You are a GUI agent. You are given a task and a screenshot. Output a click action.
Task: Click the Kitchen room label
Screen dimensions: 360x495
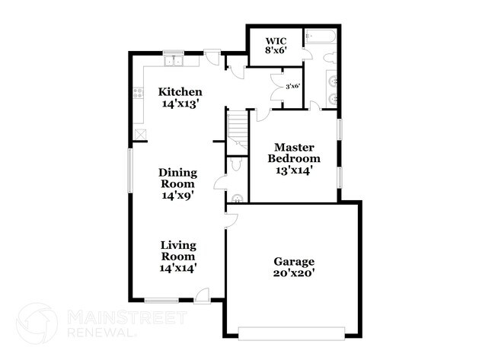click(x=180, y=92)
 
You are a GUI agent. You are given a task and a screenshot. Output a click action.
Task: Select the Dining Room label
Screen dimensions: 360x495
click(x=177, y=178)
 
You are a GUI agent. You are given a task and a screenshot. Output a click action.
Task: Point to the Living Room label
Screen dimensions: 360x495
click(x=178, y=250)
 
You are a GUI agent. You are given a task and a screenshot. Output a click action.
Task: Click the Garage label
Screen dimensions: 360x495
click(x=294, y=261)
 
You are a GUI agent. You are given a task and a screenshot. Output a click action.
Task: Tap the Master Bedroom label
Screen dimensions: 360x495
click(x=294, y=152)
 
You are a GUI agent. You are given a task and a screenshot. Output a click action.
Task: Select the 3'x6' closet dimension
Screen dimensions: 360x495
click(x=292, y=86)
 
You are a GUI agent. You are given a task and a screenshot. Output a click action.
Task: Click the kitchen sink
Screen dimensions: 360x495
click(x=174, y=59)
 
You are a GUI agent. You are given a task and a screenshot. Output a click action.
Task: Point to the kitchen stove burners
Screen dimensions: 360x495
click(x=139, y=94)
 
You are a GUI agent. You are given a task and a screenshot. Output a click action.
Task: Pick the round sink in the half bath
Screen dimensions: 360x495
click(x=237, y=199)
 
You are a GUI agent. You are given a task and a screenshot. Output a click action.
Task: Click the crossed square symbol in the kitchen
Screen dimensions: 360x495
click(x=140, y=134)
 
